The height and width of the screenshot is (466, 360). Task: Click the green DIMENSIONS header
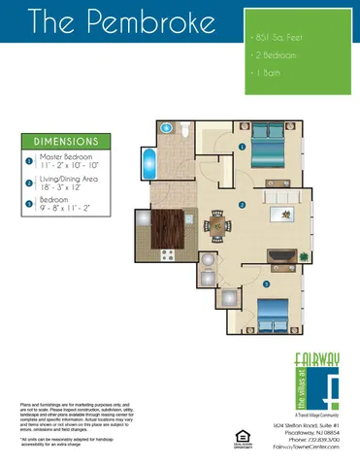66,140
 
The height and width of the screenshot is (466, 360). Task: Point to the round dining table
217,227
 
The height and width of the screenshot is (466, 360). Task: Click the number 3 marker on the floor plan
265,283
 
